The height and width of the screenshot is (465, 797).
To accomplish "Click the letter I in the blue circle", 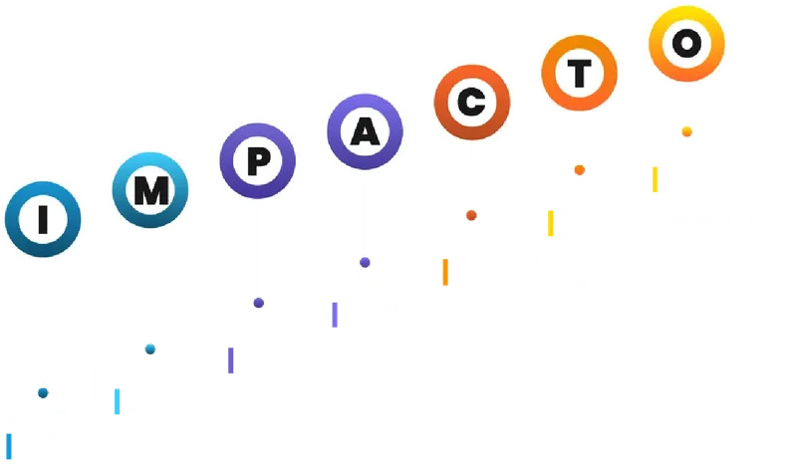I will (x=42, y=222).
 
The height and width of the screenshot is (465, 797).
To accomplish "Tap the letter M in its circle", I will (x=150, y=191).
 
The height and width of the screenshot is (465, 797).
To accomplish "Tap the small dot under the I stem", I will (x=43, y=392).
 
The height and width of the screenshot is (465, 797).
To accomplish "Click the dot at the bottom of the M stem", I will (x=150, y=349).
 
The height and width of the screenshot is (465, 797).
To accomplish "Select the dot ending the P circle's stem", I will (x=258, y=303).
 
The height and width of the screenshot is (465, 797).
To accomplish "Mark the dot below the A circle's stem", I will (x=366, y=263).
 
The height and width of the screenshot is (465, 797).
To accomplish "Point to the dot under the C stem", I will (x=471, y=215).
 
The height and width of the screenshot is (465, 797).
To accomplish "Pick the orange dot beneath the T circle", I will (x=579, y=170).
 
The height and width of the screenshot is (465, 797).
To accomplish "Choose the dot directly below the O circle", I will (x=686, y=131).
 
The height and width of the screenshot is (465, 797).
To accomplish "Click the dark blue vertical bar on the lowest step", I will (x=10, y=445).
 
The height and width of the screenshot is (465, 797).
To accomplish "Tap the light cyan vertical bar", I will (x=119, y=401).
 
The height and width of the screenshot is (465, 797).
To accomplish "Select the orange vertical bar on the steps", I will (x=445, y=273).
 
